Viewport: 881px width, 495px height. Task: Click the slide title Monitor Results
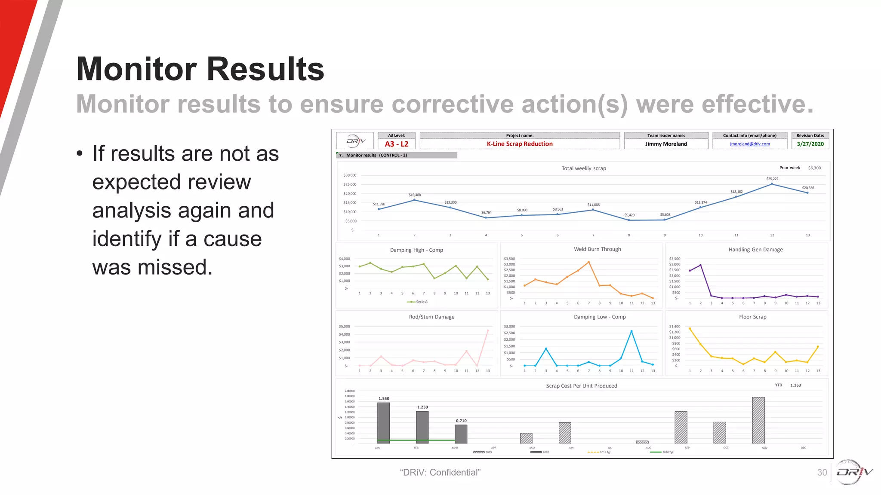(200, 69)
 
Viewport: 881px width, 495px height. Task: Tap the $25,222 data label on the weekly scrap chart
(772, 179)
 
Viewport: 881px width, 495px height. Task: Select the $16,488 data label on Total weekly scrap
(415, 195)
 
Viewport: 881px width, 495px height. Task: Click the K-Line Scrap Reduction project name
(520, 144)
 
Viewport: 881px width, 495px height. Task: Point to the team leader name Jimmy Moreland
(666, 144)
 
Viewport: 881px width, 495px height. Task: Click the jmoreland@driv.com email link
(750, 144)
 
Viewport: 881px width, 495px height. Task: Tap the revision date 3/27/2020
(810, 144)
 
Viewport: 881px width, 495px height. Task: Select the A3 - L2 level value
(397, 144)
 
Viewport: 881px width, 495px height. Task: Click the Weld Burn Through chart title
(597, 249)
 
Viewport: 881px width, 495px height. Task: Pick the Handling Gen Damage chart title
(755, 250)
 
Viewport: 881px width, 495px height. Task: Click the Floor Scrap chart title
(752, 317)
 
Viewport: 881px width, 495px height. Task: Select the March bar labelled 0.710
(461, 434)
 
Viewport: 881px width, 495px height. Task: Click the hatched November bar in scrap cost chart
(758, 420)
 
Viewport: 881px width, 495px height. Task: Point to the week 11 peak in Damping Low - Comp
(631, 331)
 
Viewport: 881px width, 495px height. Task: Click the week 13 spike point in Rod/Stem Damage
(488, 330)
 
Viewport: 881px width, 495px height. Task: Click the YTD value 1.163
(795, 385)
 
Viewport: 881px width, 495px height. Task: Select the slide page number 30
(822, 472)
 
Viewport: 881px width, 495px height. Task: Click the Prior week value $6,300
(814, 168)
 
